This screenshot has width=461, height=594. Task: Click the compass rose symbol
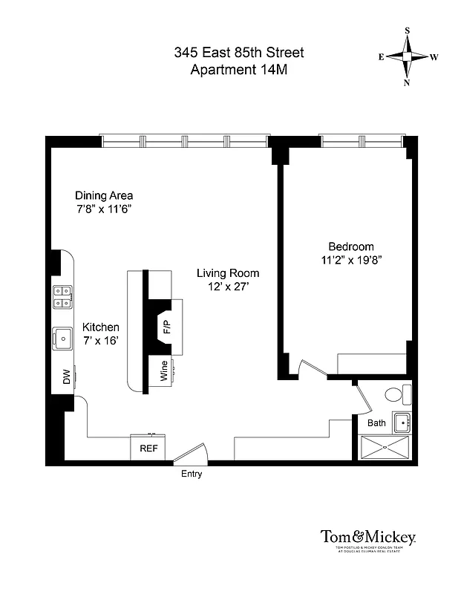coord(408,56)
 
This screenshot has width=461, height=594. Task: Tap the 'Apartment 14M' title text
coord(238,71)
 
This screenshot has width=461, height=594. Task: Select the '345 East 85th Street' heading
coord(238,53)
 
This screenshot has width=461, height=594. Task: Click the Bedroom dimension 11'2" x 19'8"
coord(351,261)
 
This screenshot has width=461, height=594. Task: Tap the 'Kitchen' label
coord(100,327)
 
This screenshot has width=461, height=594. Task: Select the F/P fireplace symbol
coord(166,326)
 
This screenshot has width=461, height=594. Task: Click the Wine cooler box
coord(164,371)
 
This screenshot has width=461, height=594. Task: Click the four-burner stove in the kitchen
coord(62,297)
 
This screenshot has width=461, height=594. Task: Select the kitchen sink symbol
coord(62,339)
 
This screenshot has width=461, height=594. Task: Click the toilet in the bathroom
coord(394,394)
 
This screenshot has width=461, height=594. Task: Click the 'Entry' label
coord(191,474)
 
